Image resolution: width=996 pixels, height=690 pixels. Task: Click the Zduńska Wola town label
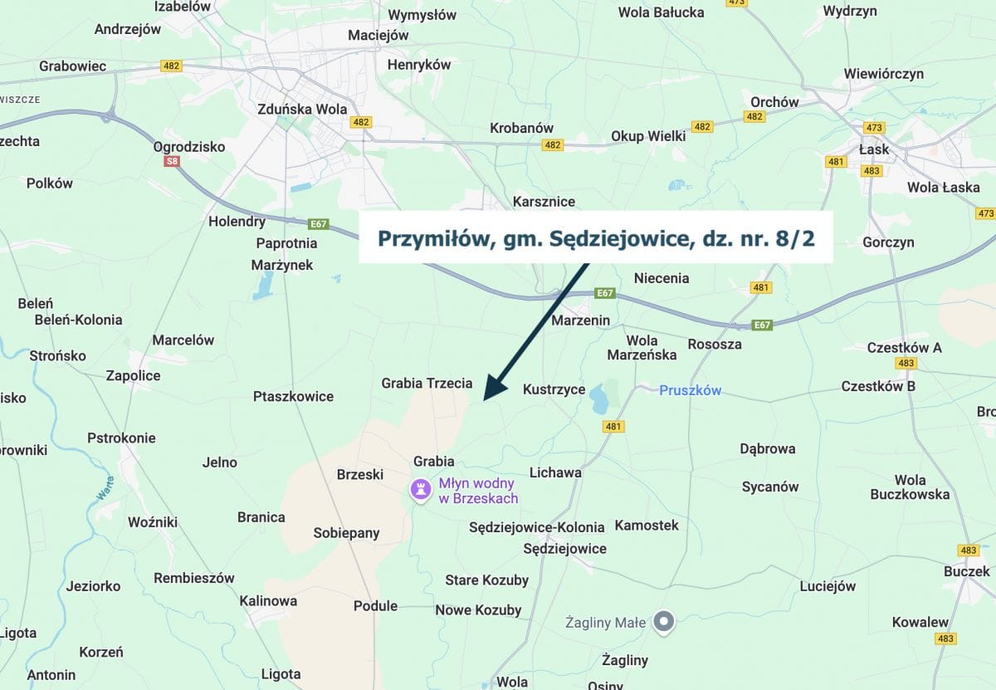[302, 109]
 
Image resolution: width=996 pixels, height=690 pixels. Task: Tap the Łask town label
[874, 149]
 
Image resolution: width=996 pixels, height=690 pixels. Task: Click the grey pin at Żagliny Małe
[662, 621]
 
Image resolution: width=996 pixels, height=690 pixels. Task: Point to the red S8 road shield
[172, 161]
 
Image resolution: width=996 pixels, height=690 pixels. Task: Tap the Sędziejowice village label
[564, 549]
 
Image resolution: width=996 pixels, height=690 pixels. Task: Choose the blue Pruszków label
[691, 390]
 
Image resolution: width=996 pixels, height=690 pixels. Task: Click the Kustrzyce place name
[554, 389]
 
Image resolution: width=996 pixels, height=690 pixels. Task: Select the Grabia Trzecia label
[427, 384]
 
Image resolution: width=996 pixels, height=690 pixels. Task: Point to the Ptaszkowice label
[293, 397]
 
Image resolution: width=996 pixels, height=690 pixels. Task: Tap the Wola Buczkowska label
[910, 487]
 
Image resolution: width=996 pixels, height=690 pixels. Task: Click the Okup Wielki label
[648, 136]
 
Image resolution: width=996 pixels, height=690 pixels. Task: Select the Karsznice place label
[544, 202]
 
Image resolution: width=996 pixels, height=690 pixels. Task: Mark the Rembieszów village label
[194, 578]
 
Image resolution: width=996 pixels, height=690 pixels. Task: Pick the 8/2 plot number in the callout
[796, 238]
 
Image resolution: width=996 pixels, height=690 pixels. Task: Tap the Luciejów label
[828, 586]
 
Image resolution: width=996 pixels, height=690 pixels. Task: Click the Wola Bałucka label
[661, 12]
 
